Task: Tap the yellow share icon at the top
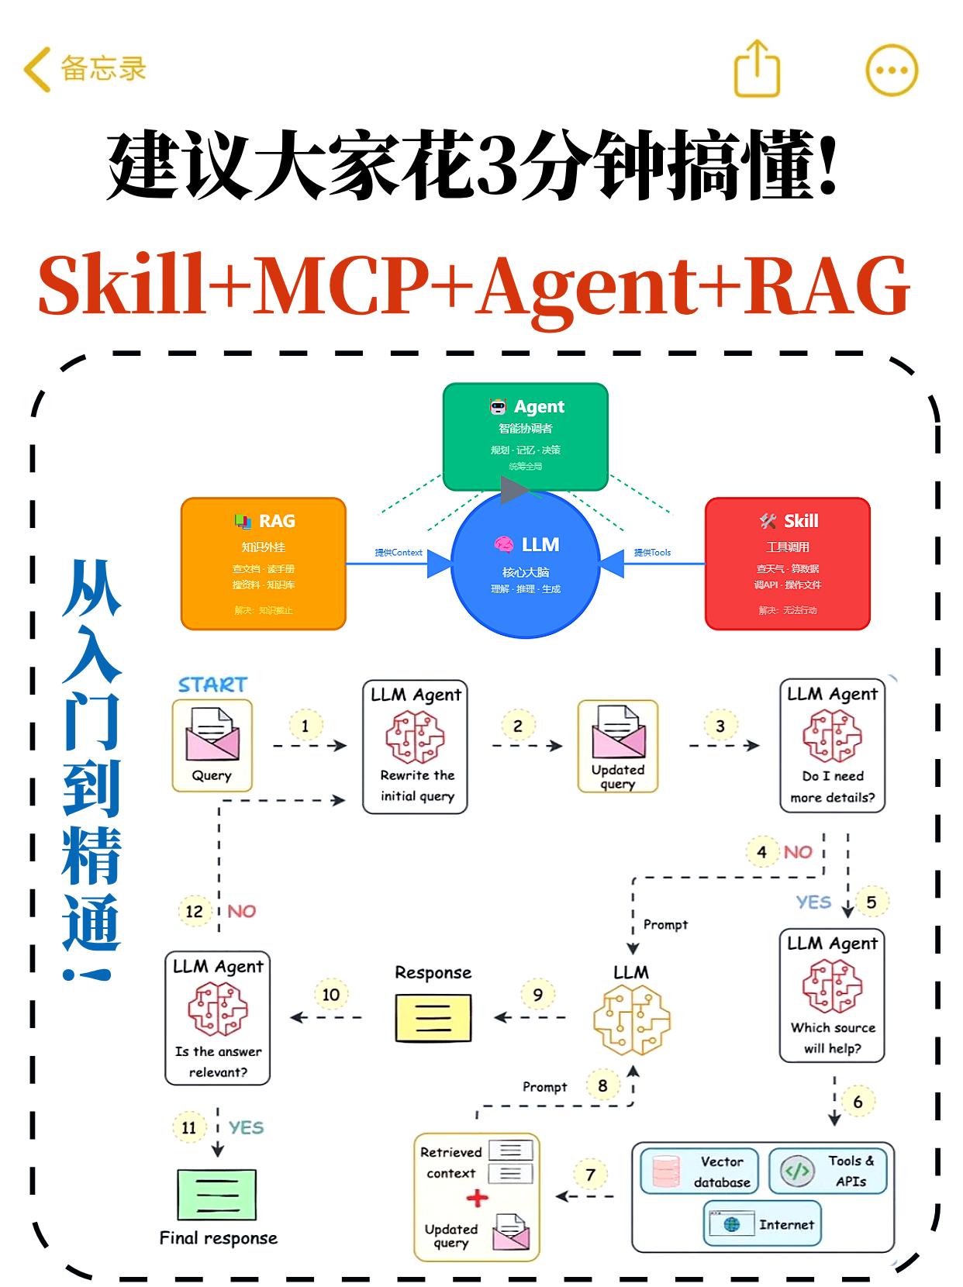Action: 757,69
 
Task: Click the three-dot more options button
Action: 892,70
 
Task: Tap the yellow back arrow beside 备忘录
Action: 36,69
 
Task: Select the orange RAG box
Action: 263,563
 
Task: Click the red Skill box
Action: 787,563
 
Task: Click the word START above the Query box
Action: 212,685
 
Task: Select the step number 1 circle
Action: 305,726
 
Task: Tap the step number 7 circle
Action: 590,1175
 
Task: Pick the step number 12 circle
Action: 194,911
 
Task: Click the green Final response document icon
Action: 217,1195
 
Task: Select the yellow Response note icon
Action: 433,1017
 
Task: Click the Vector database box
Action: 699,1171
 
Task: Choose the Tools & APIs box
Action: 827,1171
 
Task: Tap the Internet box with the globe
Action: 761,1224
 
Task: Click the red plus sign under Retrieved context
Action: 478,1198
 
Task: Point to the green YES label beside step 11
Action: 246,1127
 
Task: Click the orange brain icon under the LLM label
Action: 632,1020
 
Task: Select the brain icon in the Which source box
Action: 832,985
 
